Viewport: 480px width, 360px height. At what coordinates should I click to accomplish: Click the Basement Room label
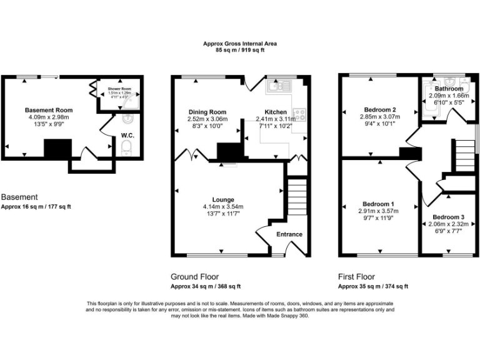tap(49, 109)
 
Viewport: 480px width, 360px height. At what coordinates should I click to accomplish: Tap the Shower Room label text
tap(118, 89)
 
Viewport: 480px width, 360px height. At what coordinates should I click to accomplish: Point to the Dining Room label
tap(208, 112)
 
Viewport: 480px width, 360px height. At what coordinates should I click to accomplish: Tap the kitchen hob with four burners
tap(299, 114)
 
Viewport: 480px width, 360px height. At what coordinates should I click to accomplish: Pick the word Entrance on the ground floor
tap(289, 234)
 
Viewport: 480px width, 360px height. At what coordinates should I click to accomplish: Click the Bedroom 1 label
tap(378, 204)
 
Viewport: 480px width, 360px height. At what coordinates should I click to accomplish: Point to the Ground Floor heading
tap(195, 276)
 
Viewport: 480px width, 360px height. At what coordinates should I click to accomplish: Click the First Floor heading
tap(357, 276)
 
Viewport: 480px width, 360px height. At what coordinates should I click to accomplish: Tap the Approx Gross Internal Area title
tap(240, 43)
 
